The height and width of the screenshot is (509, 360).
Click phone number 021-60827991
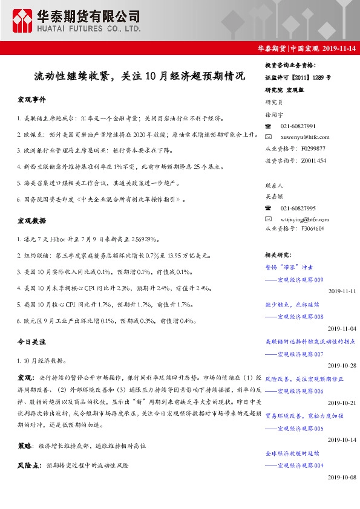point(298,126)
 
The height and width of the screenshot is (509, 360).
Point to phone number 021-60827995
point(298,208)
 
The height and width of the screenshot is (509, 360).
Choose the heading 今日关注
point(31,342)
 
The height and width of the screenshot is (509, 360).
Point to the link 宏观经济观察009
point(300,279)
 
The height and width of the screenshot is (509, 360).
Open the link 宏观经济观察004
point(300,465)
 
